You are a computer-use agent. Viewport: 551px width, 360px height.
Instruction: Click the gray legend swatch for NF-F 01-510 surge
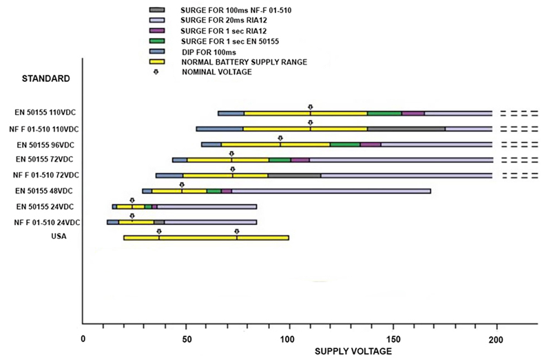click(157, 10)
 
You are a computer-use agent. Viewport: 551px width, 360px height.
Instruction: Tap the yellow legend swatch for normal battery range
click(157, 62)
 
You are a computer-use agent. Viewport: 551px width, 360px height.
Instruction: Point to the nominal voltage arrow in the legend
click(156, 72)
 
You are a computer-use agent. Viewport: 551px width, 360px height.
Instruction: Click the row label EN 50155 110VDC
click(47, 113)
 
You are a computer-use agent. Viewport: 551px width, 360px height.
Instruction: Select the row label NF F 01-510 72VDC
click(47, 176)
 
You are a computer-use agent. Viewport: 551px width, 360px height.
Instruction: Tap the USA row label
click(60, 237)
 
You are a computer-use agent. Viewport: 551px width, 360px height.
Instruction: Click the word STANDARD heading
click(46, 78)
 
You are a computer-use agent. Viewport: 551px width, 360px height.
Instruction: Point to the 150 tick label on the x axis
click(393, 338)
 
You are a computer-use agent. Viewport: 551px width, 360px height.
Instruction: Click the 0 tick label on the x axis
click(83, 338)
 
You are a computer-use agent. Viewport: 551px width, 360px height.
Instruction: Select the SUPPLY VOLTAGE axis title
click(353, 351)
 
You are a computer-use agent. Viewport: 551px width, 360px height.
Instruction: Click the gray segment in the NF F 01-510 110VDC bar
click(406, 129)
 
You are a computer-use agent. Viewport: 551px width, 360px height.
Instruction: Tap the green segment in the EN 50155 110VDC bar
click(384, 113)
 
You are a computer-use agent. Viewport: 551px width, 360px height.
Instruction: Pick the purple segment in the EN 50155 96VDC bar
click(371, 145)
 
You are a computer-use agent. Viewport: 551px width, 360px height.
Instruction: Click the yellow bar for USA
click(206, 238)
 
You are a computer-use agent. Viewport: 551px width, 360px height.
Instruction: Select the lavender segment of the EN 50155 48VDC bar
click(331, 191)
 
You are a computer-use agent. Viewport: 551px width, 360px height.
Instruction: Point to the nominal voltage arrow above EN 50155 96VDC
click(280, 138)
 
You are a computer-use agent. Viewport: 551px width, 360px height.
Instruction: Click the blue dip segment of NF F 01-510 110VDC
click(220, 129)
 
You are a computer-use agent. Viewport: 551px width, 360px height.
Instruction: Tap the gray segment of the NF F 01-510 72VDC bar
click(294, 176)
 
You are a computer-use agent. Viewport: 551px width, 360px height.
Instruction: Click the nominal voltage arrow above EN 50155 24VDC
click(132, 200)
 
